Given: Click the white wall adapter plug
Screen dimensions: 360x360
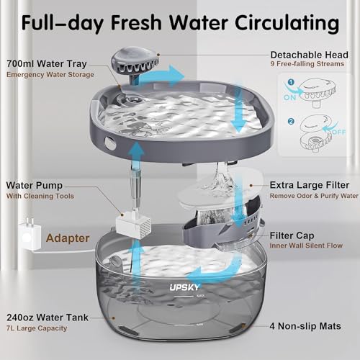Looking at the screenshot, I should click(x=27, y=228).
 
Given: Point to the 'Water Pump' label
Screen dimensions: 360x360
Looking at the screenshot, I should click(x=33, y=184).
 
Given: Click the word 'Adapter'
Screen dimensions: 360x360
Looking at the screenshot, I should click(x=68, y=236).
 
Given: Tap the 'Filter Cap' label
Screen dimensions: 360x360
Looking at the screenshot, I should click(x=294, y=235).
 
